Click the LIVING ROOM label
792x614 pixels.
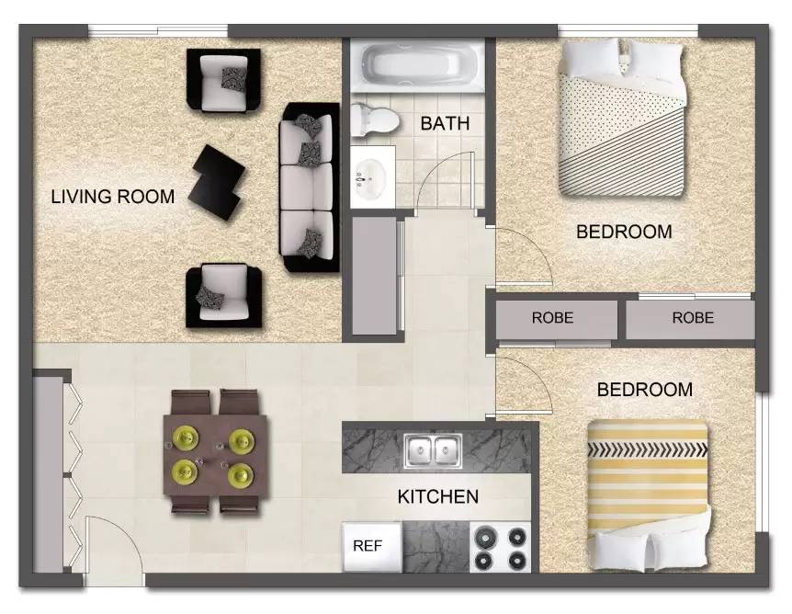click(x=112, y=196)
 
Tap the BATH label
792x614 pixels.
click(x=445, y=123)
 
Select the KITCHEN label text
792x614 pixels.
click(x=437, y=497)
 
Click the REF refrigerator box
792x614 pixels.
click(x=368, y=545)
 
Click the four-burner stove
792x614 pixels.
click(x=501, y=547)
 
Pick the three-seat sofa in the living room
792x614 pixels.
click(x=310, y=188)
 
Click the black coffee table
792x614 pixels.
click(x=219, y=178)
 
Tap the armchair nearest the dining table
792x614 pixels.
click(x=221, y=294)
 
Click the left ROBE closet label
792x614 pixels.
click(x=552, y=319)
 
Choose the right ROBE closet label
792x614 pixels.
click(x=692, y=319)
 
